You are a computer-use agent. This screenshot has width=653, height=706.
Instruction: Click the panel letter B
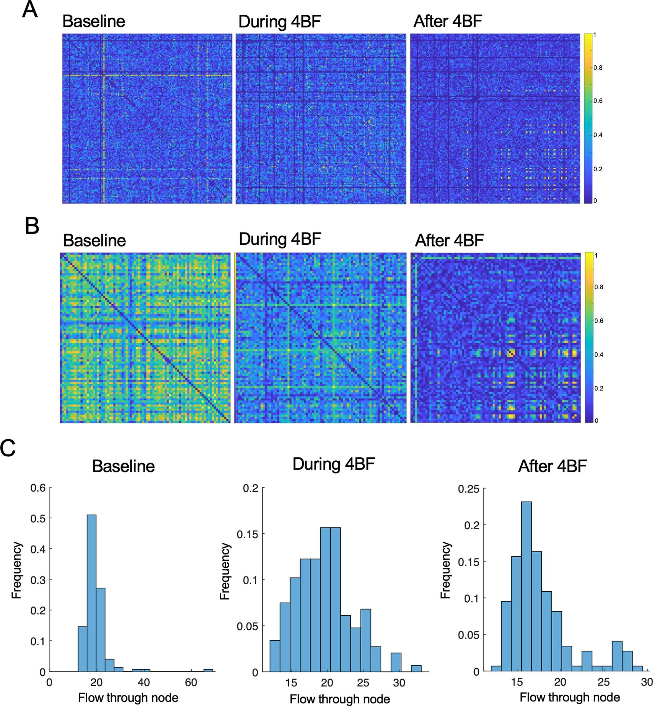click(x=32, y=226)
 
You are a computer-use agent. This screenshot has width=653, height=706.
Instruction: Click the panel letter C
click(x=8, y=448)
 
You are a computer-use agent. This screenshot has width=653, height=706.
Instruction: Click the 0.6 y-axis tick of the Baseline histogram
click(x=38, y=488)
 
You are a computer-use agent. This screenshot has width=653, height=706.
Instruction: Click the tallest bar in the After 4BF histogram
click(x=526, y=587)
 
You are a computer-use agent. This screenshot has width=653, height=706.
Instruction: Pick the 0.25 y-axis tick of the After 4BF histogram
click(x=469, y=490)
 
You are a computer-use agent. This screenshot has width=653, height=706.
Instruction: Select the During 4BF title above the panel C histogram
click(x=334, y=464)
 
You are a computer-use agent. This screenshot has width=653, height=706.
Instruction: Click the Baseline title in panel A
click(x=94, y=21)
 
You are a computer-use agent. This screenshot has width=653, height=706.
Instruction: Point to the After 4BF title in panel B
click(x=449, y=241)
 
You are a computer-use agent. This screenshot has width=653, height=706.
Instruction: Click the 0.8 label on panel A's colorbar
click(x=598, y=68)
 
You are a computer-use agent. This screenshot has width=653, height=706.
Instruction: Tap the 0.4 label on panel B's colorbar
click(x=598, y=354)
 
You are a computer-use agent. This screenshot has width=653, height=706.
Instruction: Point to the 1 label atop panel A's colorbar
click(x=595, y=35)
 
